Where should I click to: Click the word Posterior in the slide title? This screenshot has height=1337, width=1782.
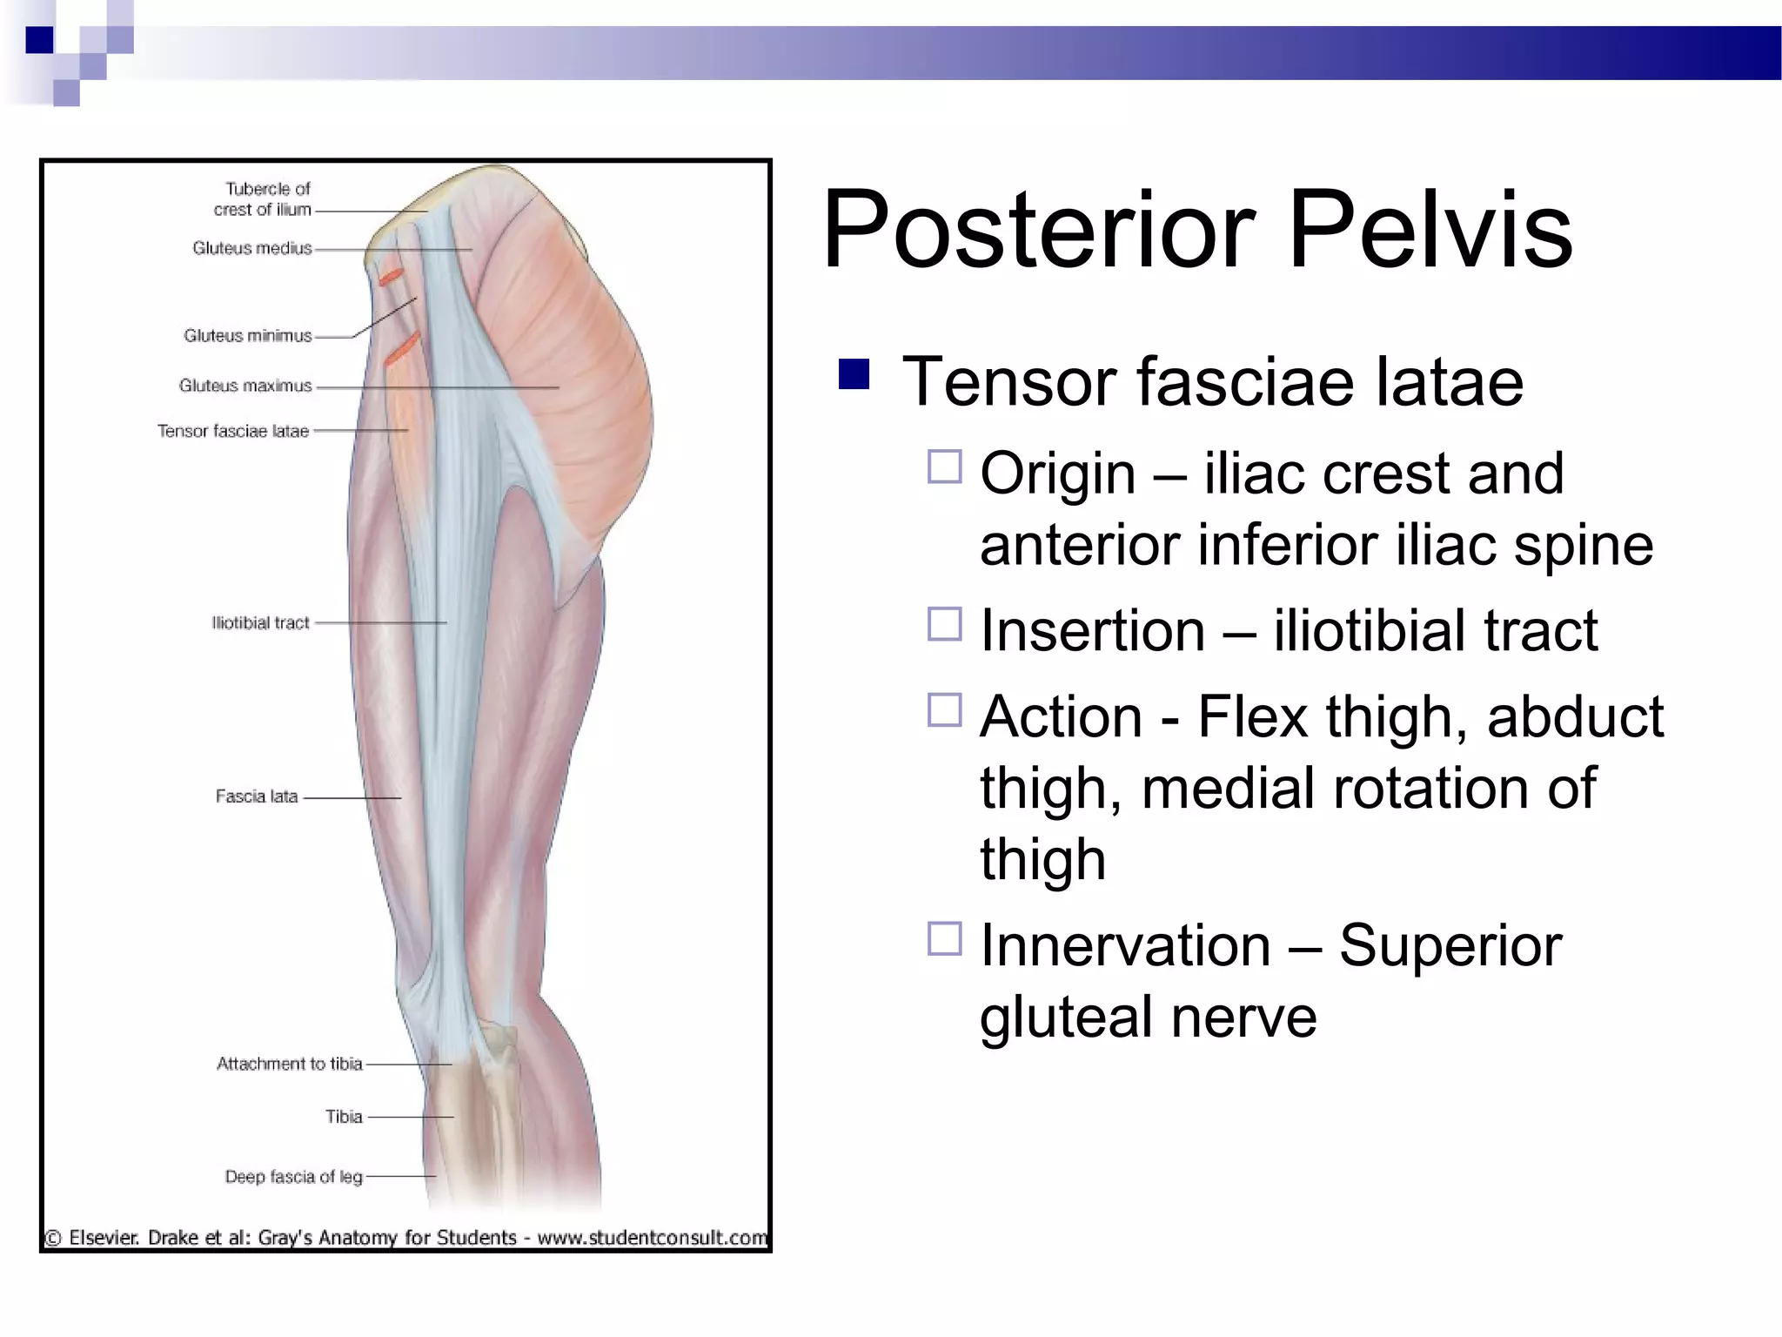point(1039,231)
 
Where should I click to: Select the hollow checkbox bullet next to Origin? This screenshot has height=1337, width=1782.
point(944,467)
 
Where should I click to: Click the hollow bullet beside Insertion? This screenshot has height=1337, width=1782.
point(944,624)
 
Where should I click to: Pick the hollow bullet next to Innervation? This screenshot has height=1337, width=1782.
point(944,939)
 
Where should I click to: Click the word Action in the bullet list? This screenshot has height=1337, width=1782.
point(1061,717)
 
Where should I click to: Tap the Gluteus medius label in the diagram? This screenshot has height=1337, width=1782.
point(251,248)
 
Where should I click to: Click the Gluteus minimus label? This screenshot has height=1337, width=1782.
point(247,335)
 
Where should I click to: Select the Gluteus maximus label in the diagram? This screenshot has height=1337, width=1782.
point(245,386)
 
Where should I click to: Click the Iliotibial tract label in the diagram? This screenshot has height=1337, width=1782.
point(260,622)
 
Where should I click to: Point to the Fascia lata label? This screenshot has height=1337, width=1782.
point(256,796)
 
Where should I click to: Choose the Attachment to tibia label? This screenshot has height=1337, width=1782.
point(289,1063)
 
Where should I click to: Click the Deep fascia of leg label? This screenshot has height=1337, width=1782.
point(293,1177)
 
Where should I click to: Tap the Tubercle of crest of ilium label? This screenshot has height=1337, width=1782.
point(264,199)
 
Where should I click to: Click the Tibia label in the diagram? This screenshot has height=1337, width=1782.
point(344,1117)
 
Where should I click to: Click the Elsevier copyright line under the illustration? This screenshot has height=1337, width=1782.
point(406,1237)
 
